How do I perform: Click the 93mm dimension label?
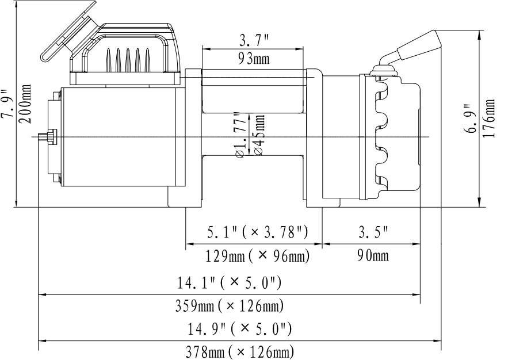pyautogui.click(x=254, y=59)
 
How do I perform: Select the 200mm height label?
pyautogui.click(x=25, y=104)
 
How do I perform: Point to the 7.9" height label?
pyautogui.click(x=7, y=104)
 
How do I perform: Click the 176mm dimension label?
pyautogui.click(x=488, y=118)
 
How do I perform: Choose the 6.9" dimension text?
pyautogui.click(x=470, y=118)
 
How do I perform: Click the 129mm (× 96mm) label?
pyautogui.click(x=258, y=256)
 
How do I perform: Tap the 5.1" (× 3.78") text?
pyautogui.click(x=258, y=232)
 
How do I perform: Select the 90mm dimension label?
pyautogui.click(x=373, y=256)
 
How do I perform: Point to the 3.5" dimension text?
pyautogui.click(x=373, y=232)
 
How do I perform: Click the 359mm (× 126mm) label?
pyautogui.click(x=230, y=305)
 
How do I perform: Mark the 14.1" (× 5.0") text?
pyautogui.click(x=229, y=282)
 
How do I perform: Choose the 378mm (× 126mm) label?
pyautogui.click(x=240, y=352)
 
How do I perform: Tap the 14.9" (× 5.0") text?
pyautogui.click(x=240, y=329)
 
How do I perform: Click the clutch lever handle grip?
pyautogui.click(x=419, y=45)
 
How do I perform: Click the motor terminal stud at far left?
pyautogui.click(x=43, y=136)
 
